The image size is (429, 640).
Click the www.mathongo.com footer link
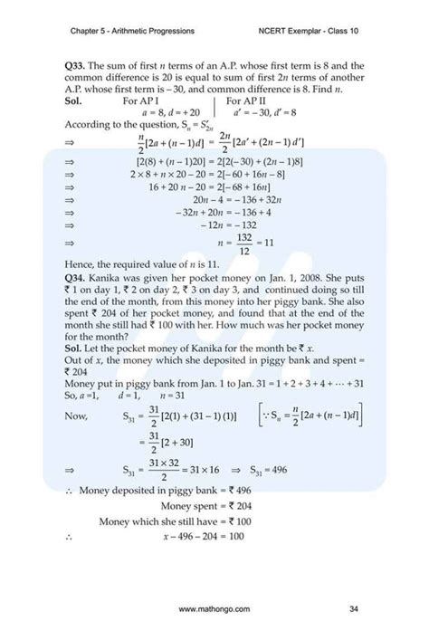pos(214,607)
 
